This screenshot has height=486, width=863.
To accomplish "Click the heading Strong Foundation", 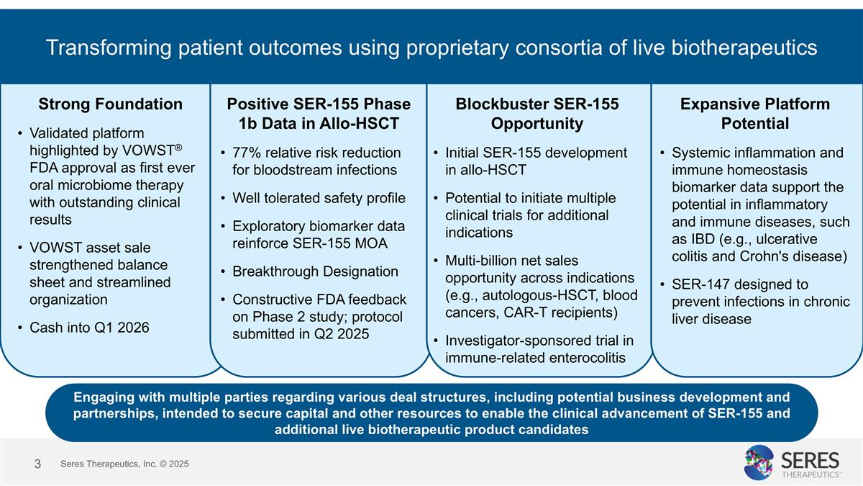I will click(x=110, y=104).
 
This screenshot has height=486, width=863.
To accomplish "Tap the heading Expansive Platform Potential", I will click(x=754, y=113).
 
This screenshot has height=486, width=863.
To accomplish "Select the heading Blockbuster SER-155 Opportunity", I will click(x=536, y=113).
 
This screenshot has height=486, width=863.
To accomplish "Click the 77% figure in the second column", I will click(x=247, y=153).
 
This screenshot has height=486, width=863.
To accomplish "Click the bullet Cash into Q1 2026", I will click(x=89, y=328).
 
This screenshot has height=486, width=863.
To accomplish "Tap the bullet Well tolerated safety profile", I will click(x=319, y=198).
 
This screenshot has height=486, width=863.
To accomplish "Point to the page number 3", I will click(x=37, y=464).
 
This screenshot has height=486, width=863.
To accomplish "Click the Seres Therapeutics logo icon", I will click(x=758, y=462).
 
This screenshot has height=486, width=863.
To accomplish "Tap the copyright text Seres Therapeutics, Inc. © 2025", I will click(x=124, y=464).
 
